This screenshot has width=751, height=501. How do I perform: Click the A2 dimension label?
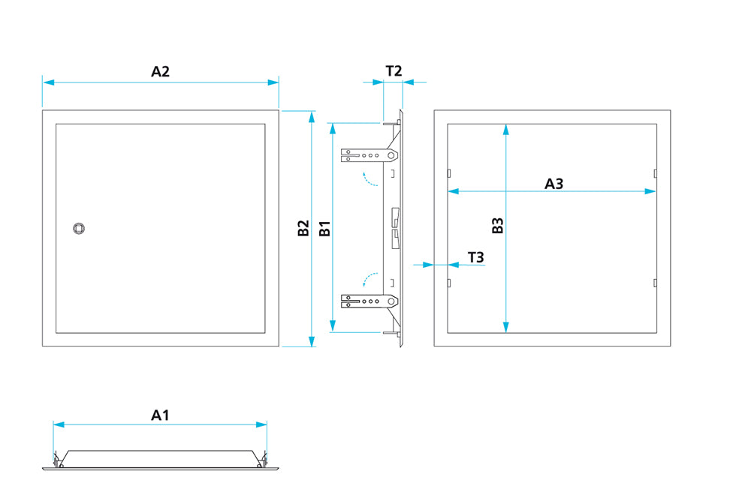tap(160, 71)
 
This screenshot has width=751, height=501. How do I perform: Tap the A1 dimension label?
tap(160, 414)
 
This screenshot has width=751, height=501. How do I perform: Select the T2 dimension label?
tap(394, 71)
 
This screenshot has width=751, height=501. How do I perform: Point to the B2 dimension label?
tap(303, 228)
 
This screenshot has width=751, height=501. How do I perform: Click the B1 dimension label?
tap(324, 228)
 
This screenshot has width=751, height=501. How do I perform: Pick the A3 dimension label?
tap(553, 183)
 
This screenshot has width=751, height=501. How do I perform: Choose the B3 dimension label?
tap(497, 226)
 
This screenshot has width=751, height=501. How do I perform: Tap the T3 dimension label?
tap(475, 257)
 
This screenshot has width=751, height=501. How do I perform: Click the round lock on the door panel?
tap(78, 228)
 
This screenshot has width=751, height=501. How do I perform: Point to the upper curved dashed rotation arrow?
tap(368, 179)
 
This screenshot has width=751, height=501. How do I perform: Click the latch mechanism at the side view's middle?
tap(394, 228)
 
